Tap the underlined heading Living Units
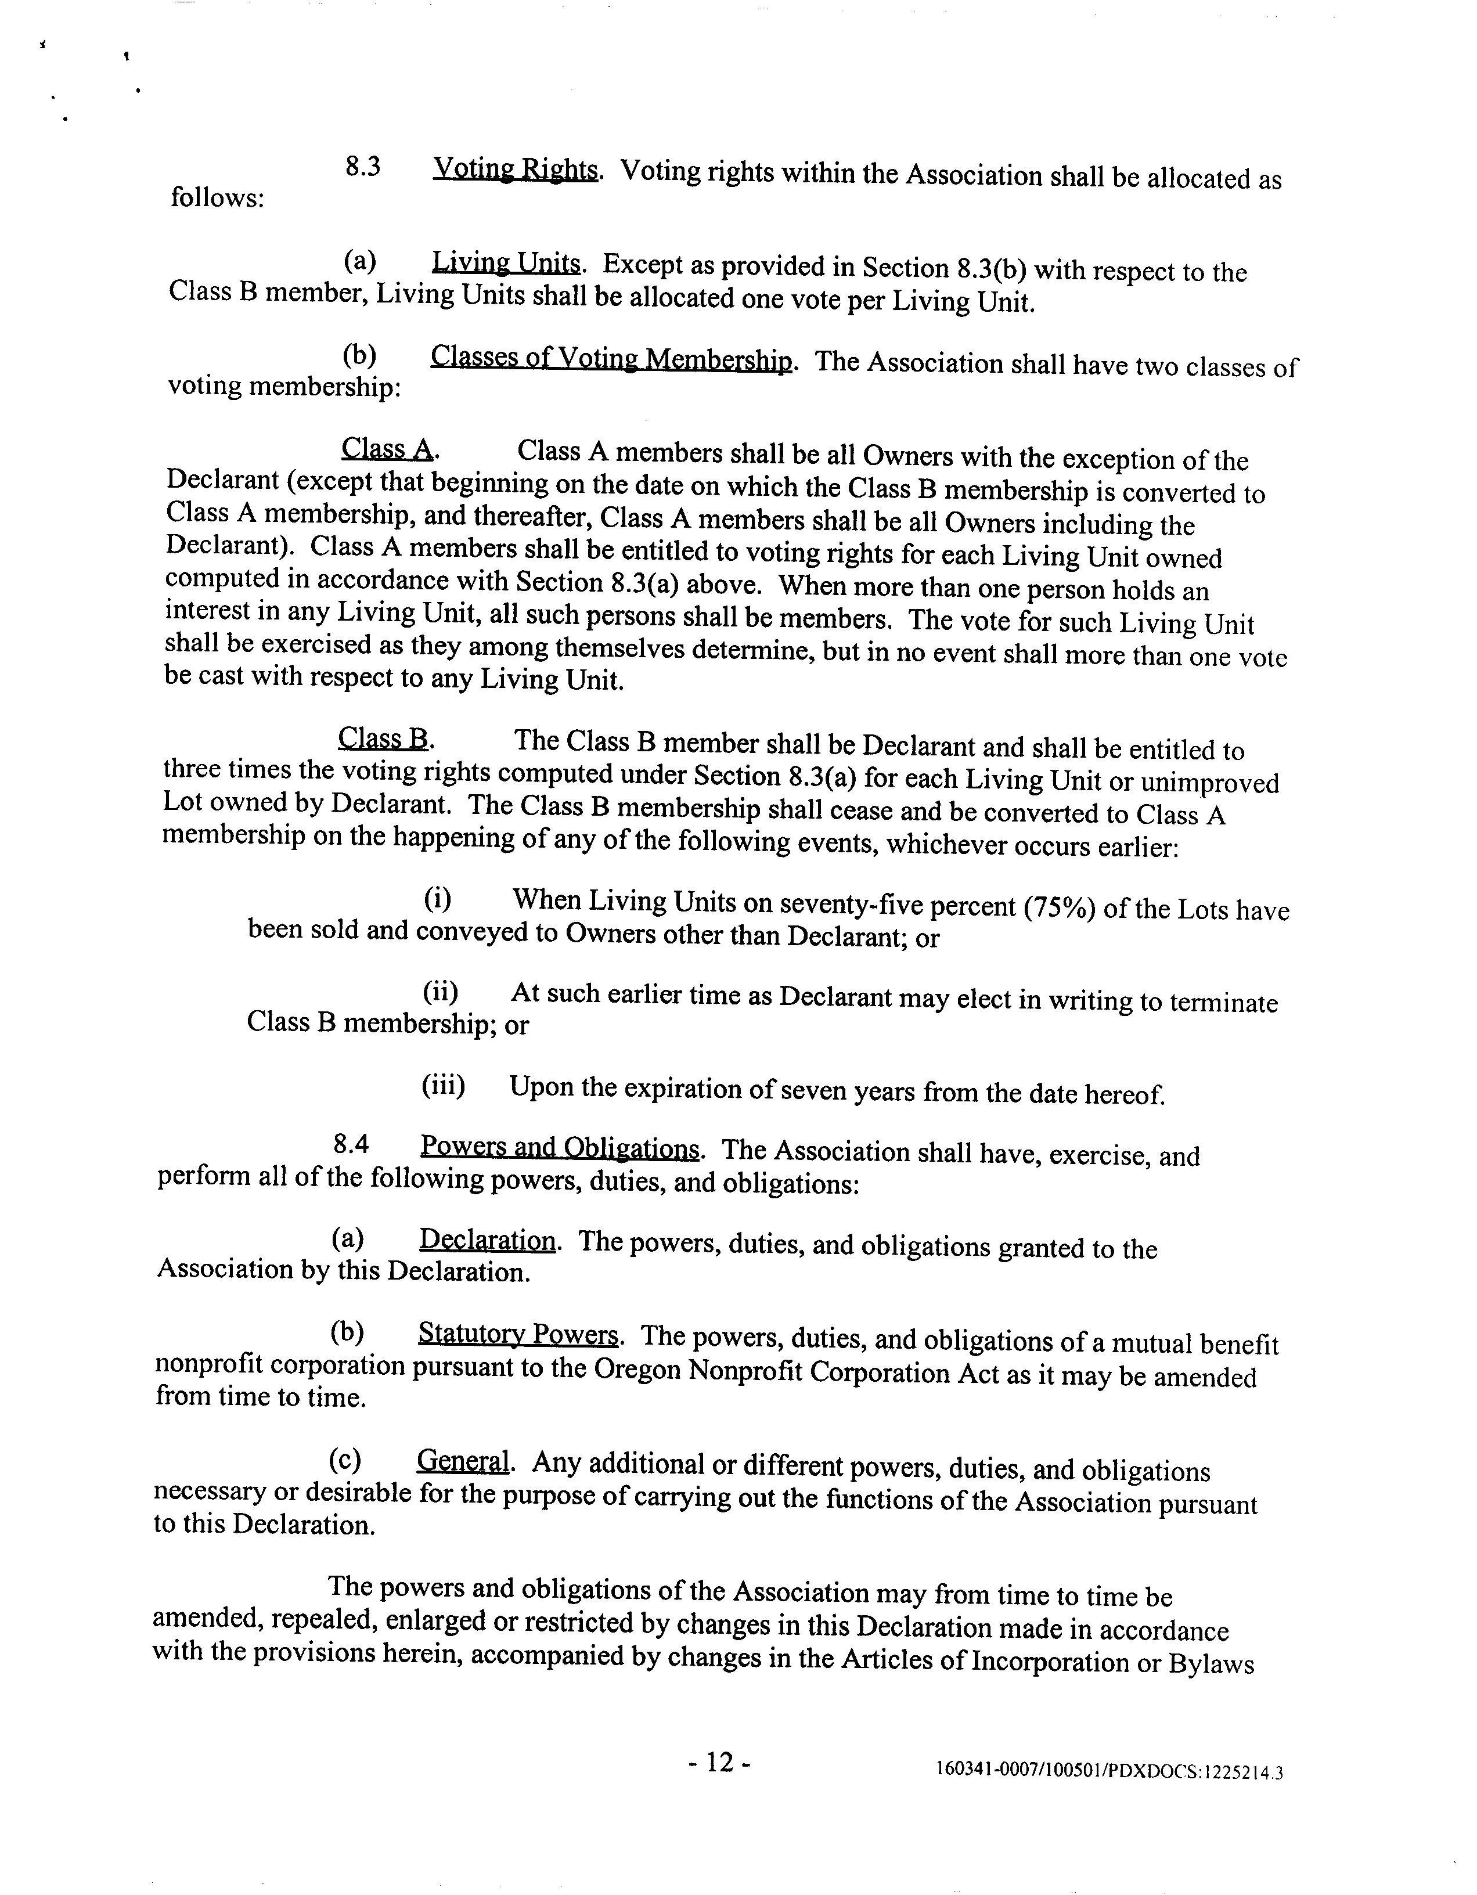[x=506, y=263]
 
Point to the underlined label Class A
[x=387, y=449]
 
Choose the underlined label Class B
[x=384, y=738]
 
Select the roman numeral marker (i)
[x=437, y=899]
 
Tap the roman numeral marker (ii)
[x=440, y=992]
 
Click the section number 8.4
[x=351, y=1145]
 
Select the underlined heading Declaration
[x=487, y=1240]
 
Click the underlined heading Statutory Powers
[x=518, y=1334]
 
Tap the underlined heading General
[x=463, y=1461]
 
